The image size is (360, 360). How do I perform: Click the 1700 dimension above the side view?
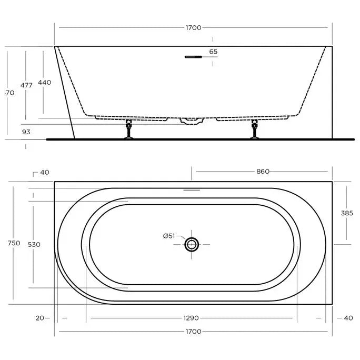194,28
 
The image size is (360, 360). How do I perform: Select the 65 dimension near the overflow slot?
213,52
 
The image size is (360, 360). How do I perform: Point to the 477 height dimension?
26,85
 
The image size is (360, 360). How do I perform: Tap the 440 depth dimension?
45,82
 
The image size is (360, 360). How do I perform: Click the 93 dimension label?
26,132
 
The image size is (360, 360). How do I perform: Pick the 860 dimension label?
263,171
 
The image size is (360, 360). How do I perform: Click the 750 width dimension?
14,243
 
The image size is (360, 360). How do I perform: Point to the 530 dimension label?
34,244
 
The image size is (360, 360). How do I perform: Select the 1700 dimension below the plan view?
194,332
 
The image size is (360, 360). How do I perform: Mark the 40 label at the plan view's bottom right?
348,318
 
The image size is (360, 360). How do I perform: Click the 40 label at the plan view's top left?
44,172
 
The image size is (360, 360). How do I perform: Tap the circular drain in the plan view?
192,244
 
